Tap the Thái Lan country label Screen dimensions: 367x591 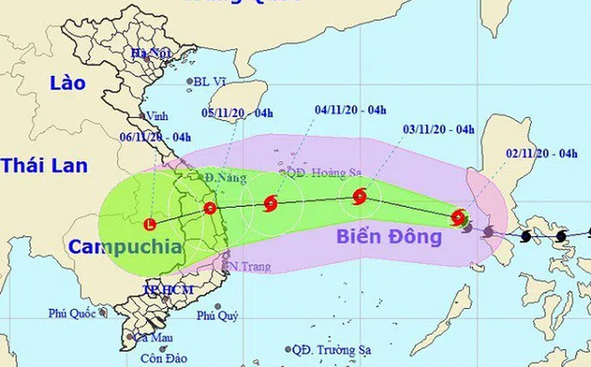coord(42,166)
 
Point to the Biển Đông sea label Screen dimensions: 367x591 coord(390,237)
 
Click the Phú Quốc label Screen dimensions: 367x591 coord(72,313)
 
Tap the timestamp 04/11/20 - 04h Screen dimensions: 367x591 coord(350,110)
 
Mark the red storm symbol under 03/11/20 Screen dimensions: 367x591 coord(360,196)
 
